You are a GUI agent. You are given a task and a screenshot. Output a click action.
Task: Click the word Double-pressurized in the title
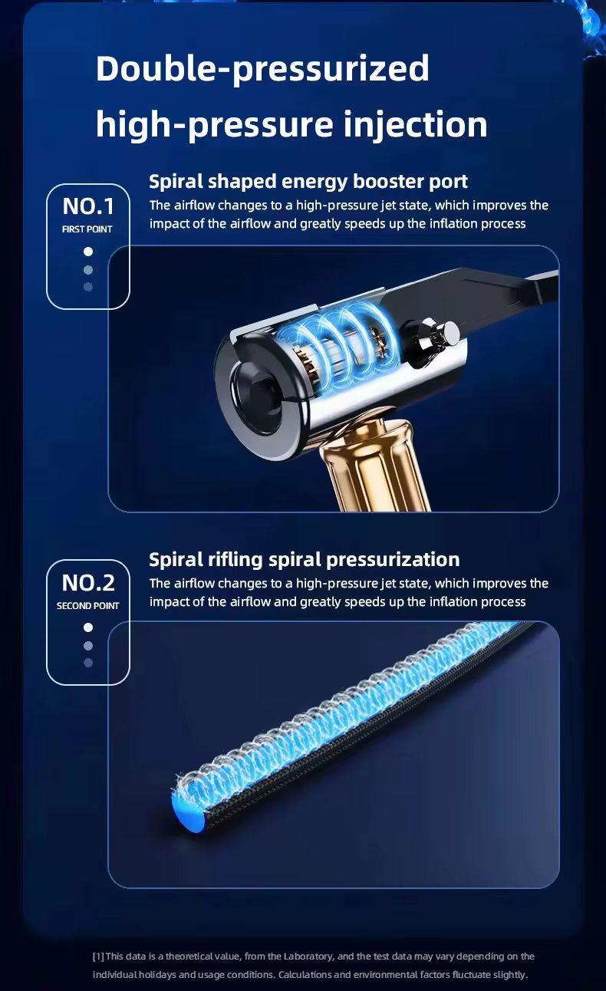pyautogui.click(x=262, y=68)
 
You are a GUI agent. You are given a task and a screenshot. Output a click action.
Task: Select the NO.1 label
pyautogui.click(x=88, y=206)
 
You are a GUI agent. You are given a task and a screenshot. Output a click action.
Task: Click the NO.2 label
pyautogui.click(x=88, y=582)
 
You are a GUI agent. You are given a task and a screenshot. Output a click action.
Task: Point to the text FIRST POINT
pyautogui.click(x=87, y=229)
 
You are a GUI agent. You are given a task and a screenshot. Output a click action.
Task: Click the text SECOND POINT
pyautogui.click(x=87, y=606)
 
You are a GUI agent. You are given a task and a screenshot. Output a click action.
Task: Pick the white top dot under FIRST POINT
pyautogui.click(x=88, y=252)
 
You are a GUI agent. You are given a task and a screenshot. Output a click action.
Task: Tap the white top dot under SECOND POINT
pyautogui.click(x=88, y=627)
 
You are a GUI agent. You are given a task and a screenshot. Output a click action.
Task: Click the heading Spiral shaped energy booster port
pyautogui.click(x=308, y=182)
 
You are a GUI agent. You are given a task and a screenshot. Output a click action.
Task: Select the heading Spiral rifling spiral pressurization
pyautogui.click(x=305, y=560)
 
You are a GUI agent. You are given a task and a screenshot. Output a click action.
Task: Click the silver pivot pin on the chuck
pyautogui.click(x=449, y=331)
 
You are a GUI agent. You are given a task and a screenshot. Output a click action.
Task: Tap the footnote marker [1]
pyautogui.click(x=98, y=956)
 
